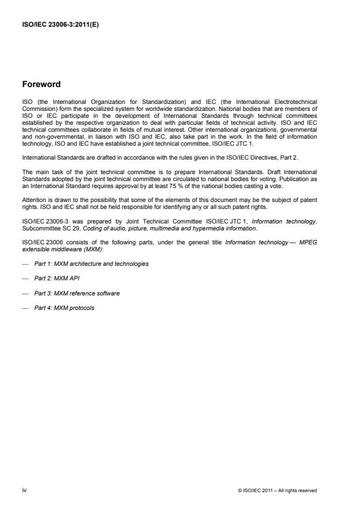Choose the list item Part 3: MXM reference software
[77, 293]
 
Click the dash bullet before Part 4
[24, 308]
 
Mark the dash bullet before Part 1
[24, 263]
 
